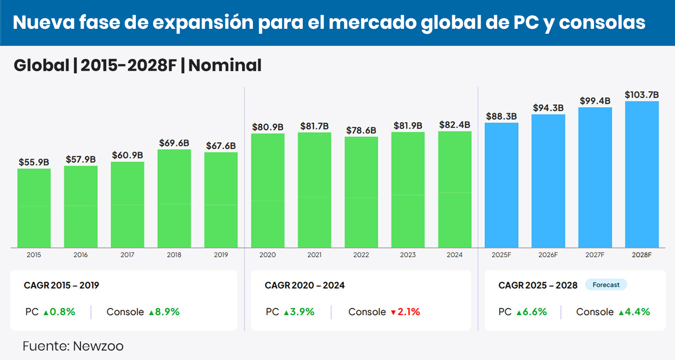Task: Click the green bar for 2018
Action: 174,198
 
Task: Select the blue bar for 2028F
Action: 642,174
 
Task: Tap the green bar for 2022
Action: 361,192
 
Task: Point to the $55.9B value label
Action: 34,162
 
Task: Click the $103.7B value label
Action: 642,95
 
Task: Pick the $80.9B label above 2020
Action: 267,127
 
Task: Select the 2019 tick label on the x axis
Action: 221,255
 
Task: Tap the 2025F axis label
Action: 501,255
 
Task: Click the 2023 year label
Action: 408,255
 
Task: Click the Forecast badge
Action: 606,285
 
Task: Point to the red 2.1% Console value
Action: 409,312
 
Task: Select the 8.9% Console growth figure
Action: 167,312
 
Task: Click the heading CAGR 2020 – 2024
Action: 305,285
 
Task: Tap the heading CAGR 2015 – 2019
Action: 61,285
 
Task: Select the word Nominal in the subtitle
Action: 225,66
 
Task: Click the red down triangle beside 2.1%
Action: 393,312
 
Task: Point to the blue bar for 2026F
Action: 548,181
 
